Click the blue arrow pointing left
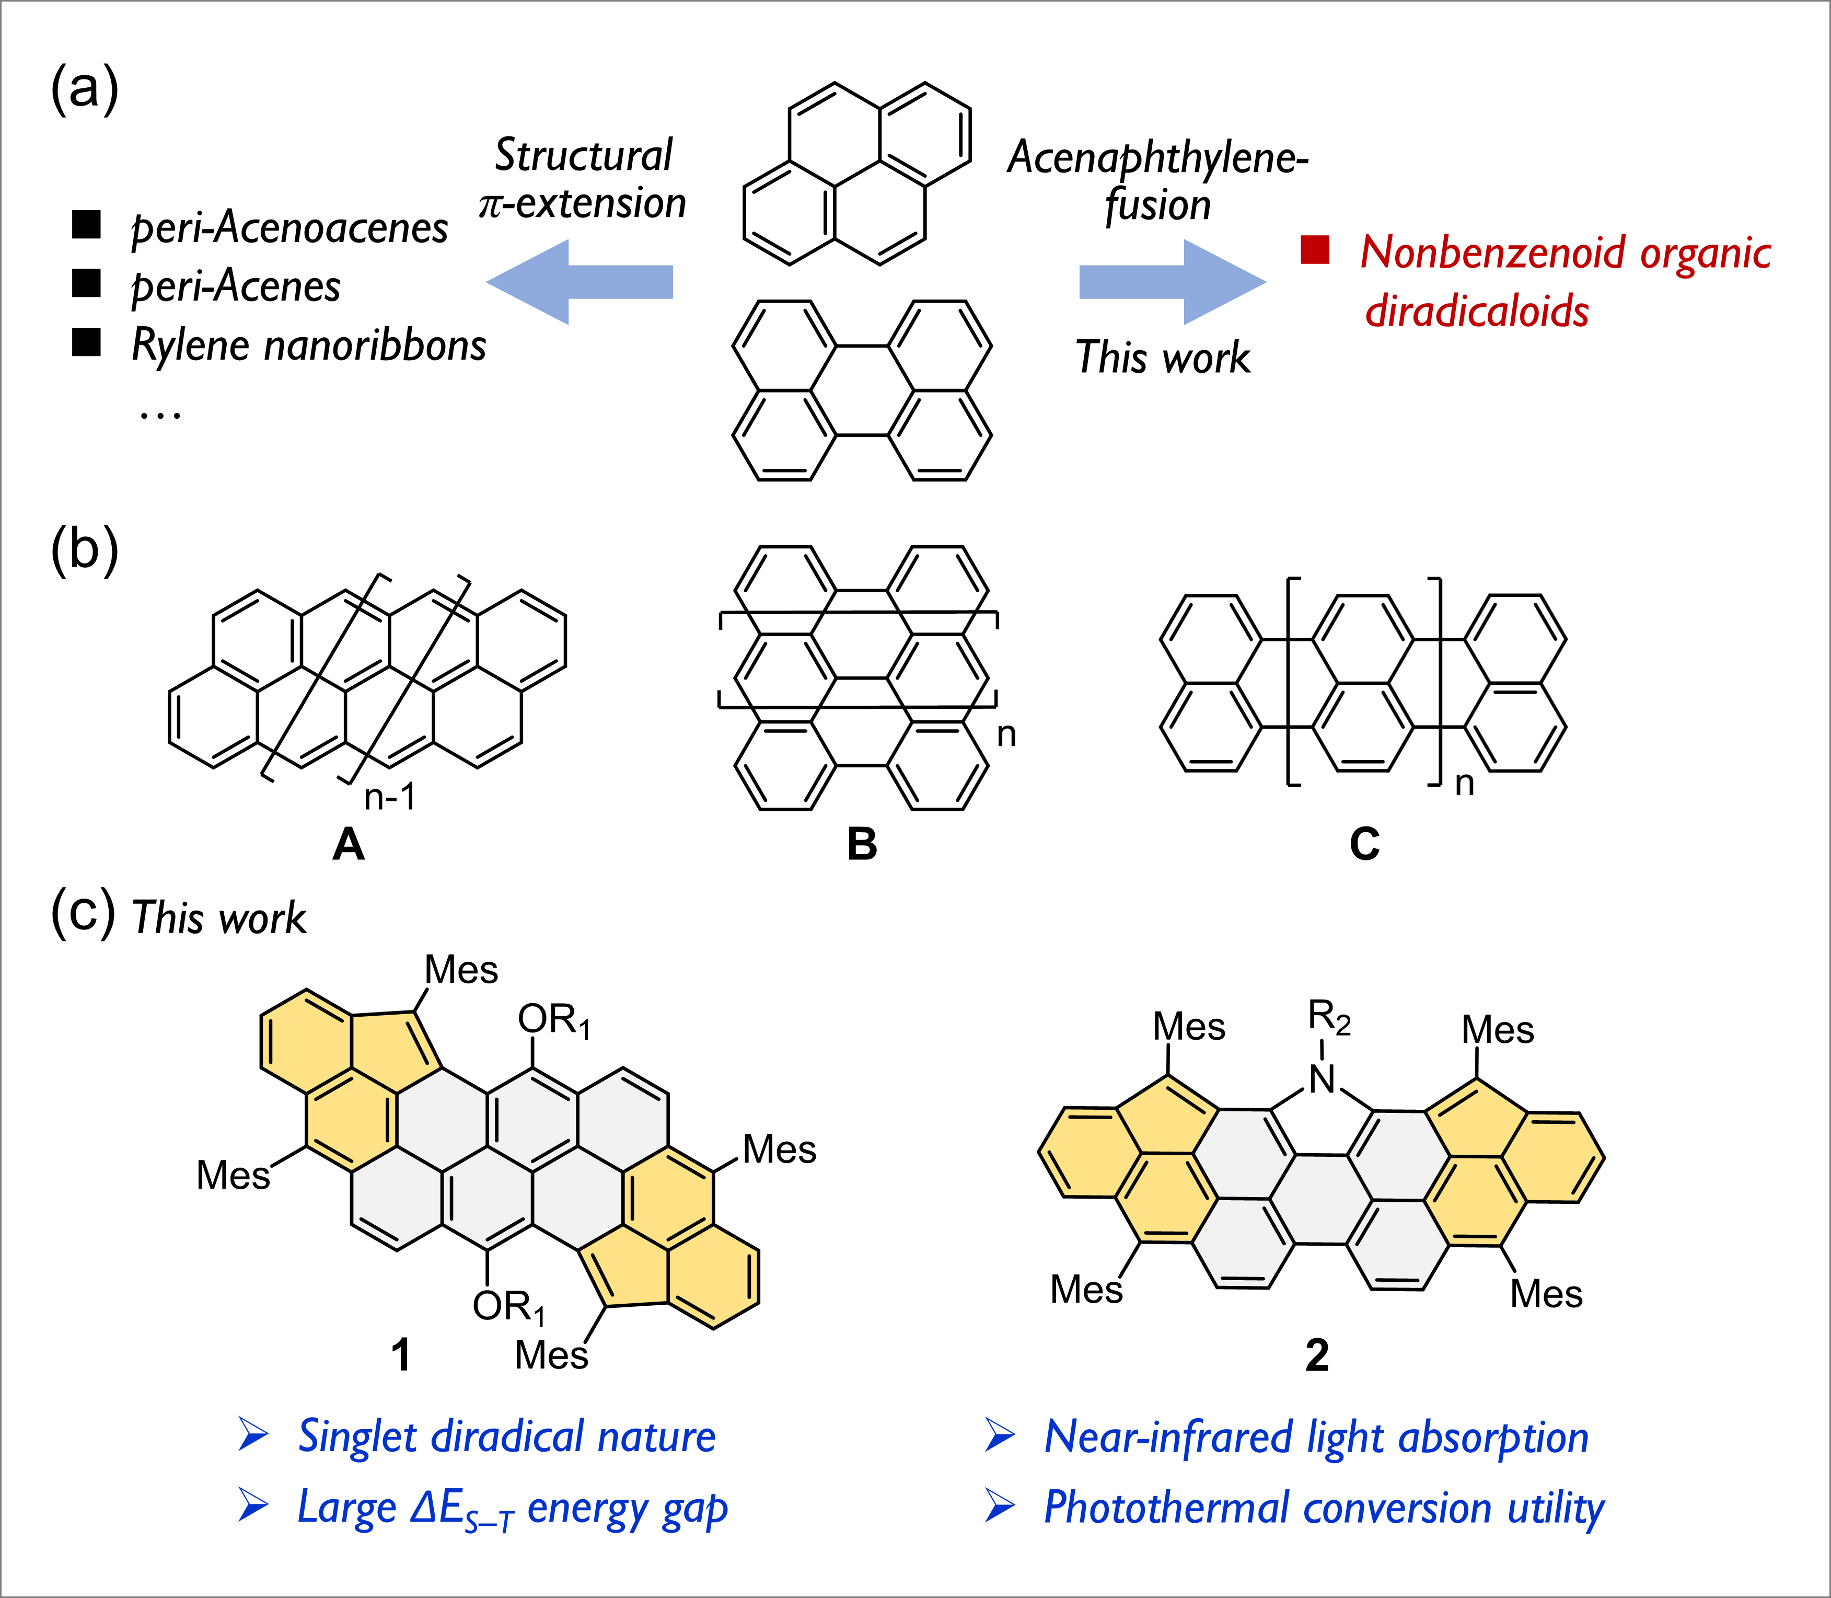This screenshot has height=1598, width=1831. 580,282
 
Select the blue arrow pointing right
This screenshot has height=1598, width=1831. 1172,282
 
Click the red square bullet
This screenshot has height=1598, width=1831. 1315,250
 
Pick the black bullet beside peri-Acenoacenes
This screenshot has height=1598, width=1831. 86,225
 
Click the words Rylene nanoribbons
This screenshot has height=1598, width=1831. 308,345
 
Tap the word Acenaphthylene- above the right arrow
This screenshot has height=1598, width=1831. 1157,158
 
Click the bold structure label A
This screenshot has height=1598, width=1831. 349,844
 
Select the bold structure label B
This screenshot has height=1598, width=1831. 862,844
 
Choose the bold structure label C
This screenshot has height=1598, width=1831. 1365,844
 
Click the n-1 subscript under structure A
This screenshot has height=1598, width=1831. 389,796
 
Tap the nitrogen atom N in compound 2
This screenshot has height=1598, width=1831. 1323,1080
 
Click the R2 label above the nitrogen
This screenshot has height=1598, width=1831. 1328,1017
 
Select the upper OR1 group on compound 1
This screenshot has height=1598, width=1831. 553,1020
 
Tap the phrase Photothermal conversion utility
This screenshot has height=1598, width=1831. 1324,1508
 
